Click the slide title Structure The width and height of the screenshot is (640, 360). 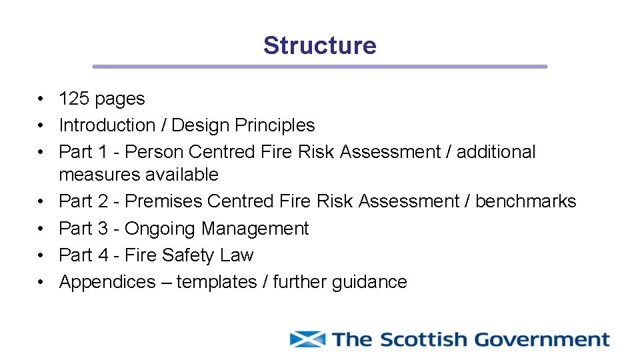click(x=319, y=45)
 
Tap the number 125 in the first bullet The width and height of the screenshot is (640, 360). click(x=73, y=99)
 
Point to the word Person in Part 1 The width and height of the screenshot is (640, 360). click(x=154, y=152)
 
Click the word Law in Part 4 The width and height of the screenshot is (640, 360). click(x=238, y=255)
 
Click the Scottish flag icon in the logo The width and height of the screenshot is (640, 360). click(x=307, y=339)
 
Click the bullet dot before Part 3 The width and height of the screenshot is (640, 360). click(x=41, y=229)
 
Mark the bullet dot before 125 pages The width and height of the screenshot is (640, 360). click(x=41, y=99)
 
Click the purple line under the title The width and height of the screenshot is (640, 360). click(x=319, y=67)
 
